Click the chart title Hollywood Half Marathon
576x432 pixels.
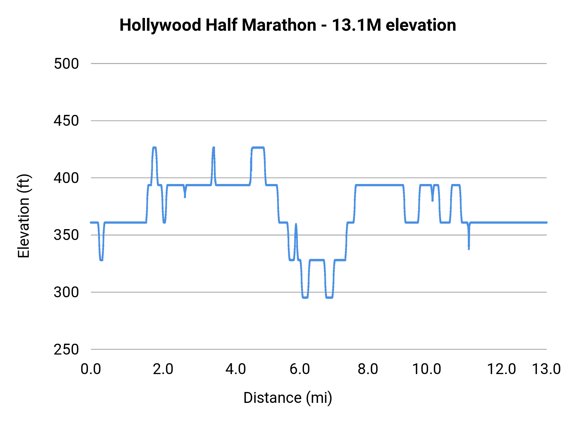(287, 25)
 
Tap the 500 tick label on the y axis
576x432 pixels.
(66, 64)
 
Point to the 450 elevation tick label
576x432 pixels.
(66, 121)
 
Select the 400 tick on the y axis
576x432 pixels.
(66, 178)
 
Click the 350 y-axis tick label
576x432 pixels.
(66, 235)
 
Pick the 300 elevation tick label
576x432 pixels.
(66, 292)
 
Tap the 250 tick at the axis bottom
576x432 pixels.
(66, 349)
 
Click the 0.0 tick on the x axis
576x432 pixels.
(91, 369)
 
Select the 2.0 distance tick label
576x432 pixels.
(163, 369)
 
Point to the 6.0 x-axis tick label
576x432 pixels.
(300, 369)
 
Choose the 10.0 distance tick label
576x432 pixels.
(427, 369)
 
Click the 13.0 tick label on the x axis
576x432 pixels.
(546, 369)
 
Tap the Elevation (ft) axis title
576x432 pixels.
(24, 216)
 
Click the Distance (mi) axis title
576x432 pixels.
(287, 398)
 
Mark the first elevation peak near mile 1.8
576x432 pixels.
(155, 148)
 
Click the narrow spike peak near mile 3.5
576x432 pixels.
(213, 148)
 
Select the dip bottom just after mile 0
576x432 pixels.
(101, 260)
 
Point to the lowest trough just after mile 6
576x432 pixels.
(305, 298)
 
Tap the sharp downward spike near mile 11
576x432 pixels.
(469, 248)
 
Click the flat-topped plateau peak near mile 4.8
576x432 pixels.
(258, 148)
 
